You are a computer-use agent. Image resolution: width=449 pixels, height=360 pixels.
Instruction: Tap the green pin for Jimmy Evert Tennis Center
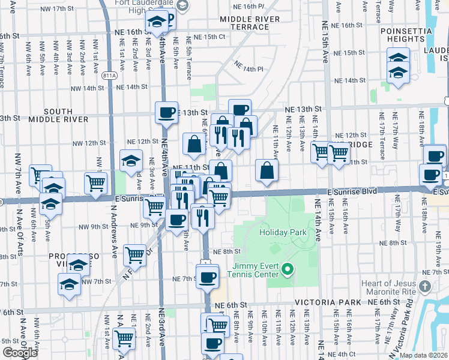(287, 270)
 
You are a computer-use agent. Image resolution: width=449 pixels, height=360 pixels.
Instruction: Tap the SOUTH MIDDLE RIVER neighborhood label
(66, 115)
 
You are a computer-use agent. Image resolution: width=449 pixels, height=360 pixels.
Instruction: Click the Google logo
(19, 353)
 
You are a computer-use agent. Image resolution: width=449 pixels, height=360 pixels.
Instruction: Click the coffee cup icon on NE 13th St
(166, 112)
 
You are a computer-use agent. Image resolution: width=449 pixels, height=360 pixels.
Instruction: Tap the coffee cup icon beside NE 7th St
(208, 277)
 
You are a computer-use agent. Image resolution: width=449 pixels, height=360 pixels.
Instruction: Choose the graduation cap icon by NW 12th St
(131, 160)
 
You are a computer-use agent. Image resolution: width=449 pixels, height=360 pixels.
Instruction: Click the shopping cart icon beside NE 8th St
(134, 255)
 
